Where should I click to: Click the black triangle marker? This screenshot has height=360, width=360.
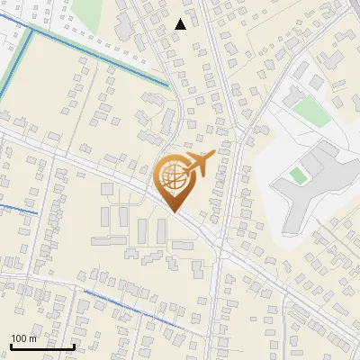click(181, 24)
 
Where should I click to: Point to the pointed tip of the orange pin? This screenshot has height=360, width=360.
click(173, 210)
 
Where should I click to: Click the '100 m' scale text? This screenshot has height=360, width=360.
click(23, 338)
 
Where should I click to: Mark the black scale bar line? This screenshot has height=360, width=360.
click(42, 346)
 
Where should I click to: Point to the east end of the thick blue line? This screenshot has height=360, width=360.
click(167, 85)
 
